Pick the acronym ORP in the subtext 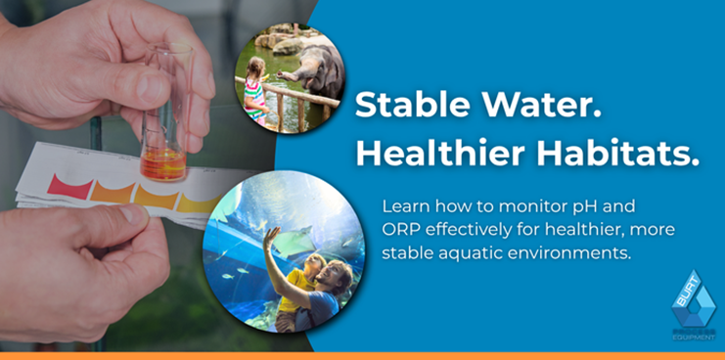tap(400, 231)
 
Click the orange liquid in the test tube tap(161, 161)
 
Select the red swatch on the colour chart tap(70, 185)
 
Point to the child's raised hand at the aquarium tap(271, 235)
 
